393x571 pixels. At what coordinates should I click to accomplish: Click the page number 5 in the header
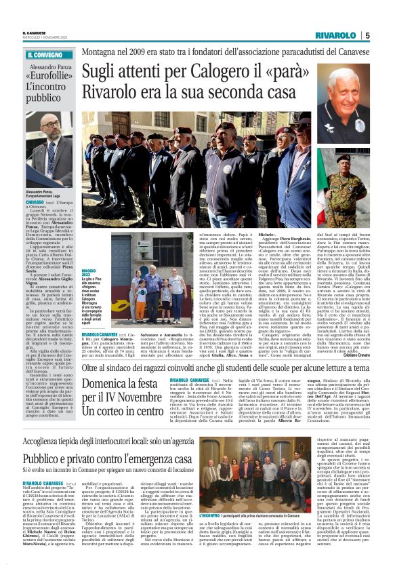click(x=367, y=35)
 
